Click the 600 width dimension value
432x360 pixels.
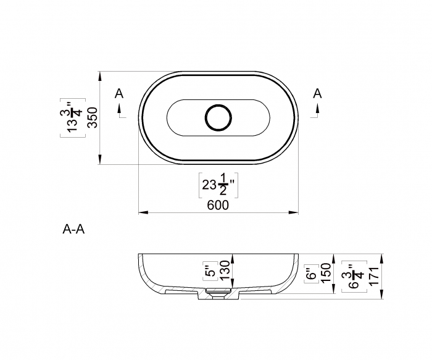point(218,205)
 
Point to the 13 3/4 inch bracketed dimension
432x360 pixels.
point(74,117)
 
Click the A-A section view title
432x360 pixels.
point(73,230)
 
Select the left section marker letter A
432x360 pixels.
point(119,94)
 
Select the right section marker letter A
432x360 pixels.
point(317,93)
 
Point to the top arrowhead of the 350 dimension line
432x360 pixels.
point(101,75)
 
